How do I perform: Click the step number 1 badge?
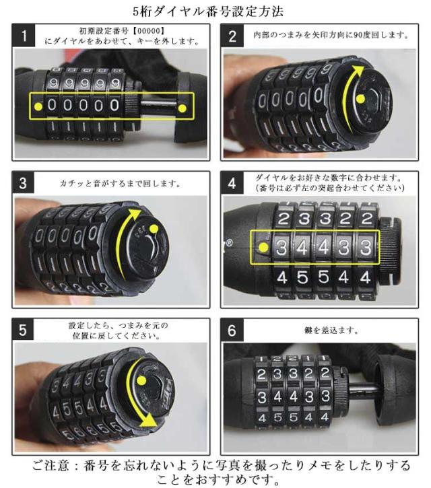[24, 36]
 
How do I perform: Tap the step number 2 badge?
[232, 36]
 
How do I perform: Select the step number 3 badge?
[23, 182]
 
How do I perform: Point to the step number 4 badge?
[232, 183]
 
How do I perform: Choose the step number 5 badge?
[23, 330]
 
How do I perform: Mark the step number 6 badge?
[232, 330]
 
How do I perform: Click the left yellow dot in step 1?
[38, 106]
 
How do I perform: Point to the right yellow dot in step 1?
[183, 108]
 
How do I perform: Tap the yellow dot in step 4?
[263, 248]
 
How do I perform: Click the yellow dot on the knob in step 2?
[360, 99]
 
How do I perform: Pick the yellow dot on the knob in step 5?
[141, 380]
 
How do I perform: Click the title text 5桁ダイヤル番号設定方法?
[208, 11]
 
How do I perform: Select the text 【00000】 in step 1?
[148, 31]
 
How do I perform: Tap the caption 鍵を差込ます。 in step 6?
[331, 330]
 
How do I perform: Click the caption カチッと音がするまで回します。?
[120, 183]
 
